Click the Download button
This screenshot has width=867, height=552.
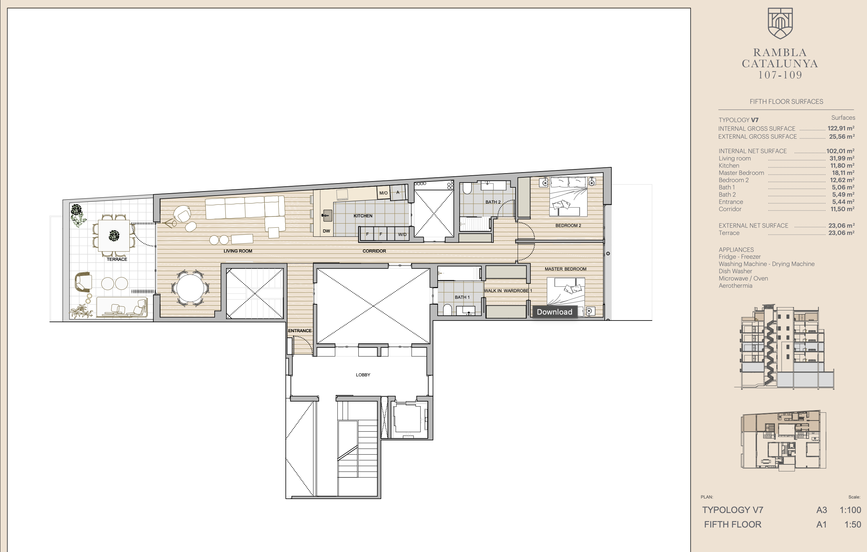(555, 312)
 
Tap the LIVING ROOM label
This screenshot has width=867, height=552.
(238, 251)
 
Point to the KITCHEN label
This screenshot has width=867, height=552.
(363, 216)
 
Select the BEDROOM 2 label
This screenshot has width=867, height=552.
(568, 225)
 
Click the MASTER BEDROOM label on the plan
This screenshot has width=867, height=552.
(565, 269)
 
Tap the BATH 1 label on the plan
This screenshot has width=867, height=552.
(462, 297)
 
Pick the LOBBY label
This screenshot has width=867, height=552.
(363, 375)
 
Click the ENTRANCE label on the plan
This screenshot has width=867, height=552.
(299, 331)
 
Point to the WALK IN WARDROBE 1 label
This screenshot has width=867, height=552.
(508, 290)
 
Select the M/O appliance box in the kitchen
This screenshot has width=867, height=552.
(384, 193)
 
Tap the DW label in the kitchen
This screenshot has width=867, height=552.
(326, 231)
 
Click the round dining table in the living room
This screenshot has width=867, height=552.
(190, 288)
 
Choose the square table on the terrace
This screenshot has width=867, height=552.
(114, 235)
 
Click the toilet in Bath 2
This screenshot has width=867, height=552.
(467, 189)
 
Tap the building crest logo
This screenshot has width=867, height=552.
(780, 23)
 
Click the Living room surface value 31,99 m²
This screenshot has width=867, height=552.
(842, 158)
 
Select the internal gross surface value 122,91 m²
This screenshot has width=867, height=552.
(841, 128)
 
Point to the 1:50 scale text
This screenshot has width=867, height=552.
(853, 524)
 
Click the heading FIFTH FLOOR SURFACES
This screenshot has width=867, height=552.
(786, 102)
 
